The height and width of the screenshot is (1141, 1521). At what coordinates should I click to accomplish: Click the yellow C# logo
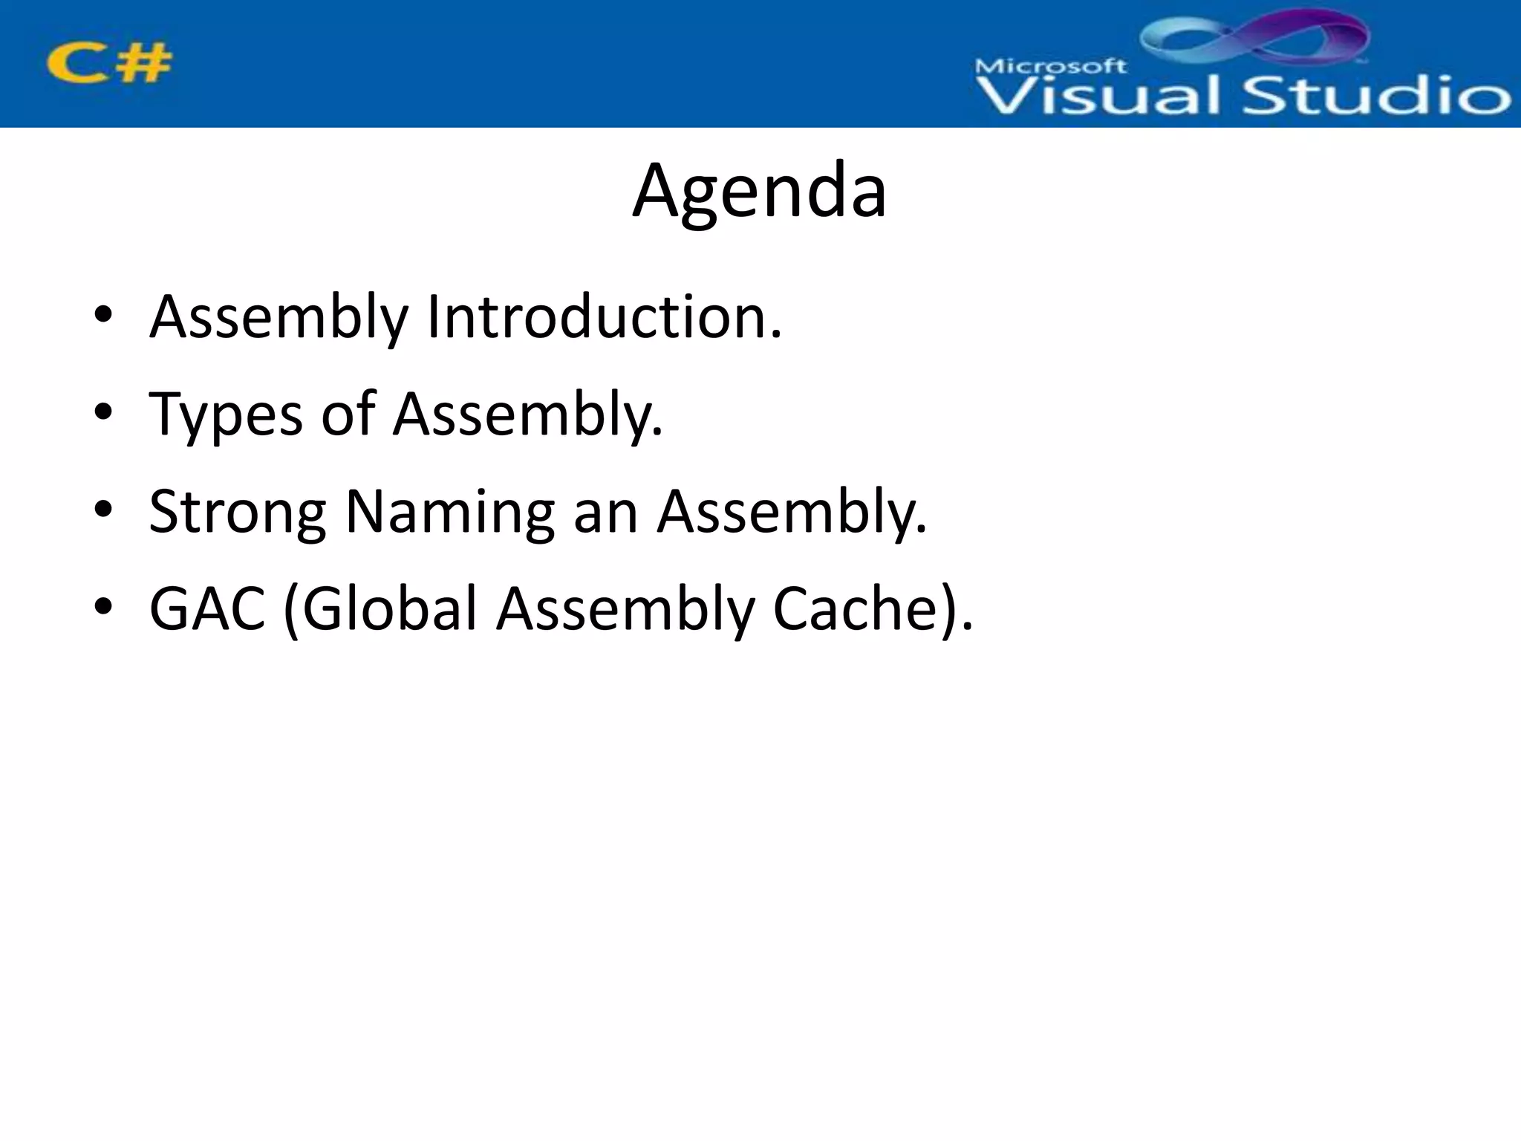109,62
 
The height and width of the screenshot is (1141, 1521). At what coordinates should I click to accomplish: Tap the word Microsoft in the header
1050,66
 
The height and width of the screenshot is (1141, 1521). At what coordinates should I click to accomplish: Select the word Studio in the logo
1376,96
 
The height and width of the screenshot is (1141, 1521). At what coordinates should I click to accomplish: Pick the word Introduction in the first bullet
604,317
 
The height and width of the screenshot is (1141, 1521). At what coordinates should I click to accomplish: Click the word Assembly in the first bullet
279,317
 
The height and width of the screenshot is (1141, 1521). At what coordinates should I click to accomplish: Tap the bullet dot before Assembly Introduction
103,314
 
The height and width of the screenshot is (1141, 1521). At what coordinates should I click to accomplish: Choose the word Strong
237,512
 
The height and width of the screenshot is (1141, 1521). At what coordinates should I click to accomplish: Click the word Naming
450,512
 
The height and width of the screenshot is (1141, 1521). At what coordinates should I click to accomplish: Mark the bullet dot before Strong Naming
103,510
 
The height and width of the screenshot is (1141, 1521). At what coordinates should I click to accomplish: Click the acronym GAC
207,609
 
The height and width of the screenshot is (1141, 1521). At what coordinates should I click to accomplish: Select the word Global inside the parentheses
388,609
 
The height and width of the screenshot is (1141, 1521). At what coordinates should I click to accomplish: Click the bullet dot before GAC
103,607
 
